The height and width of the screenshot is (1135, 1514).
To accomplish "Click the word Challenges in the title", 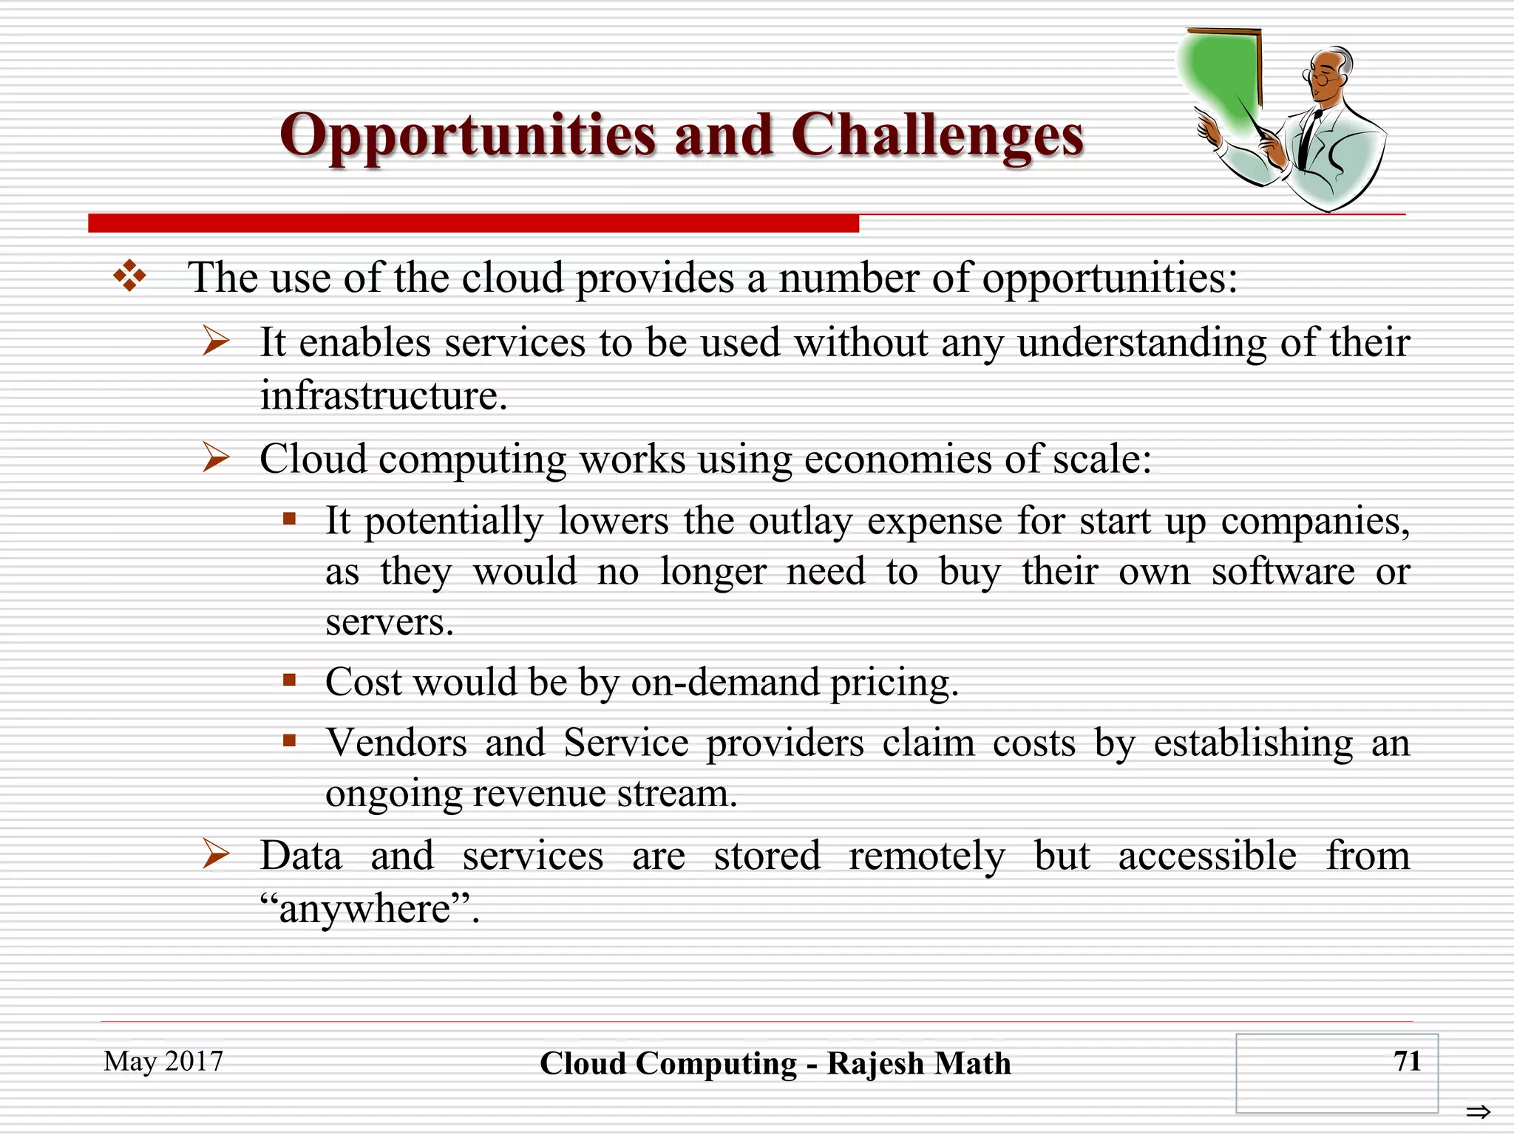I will (937, 137).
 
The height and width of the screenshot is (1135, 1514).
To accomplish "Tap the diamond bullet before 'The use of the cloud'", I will (129, 276).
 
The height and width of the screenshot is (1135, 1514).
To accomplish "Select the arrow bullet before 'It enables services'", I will (216, 341).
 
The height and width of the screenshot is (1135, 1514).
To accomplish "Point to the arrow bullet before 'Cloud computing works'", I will (216, 458).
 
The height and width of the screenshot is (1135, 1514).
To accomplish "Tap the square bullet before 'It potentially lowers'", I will (290, 519).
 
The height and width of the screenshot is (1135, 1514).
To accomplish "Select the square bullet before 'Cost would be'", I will (290, 680).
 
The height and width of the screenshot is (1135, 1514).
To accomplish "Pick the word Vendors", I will (396, 743).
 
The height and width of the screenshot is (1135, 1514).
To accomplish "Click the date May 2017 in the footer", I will (163, 1061).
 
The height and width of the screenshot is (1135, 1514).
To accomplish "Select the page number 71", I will (1407, 1061).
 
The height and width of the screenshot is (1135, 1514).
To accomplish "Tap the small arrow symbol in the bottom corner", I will (1479, 1111).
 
